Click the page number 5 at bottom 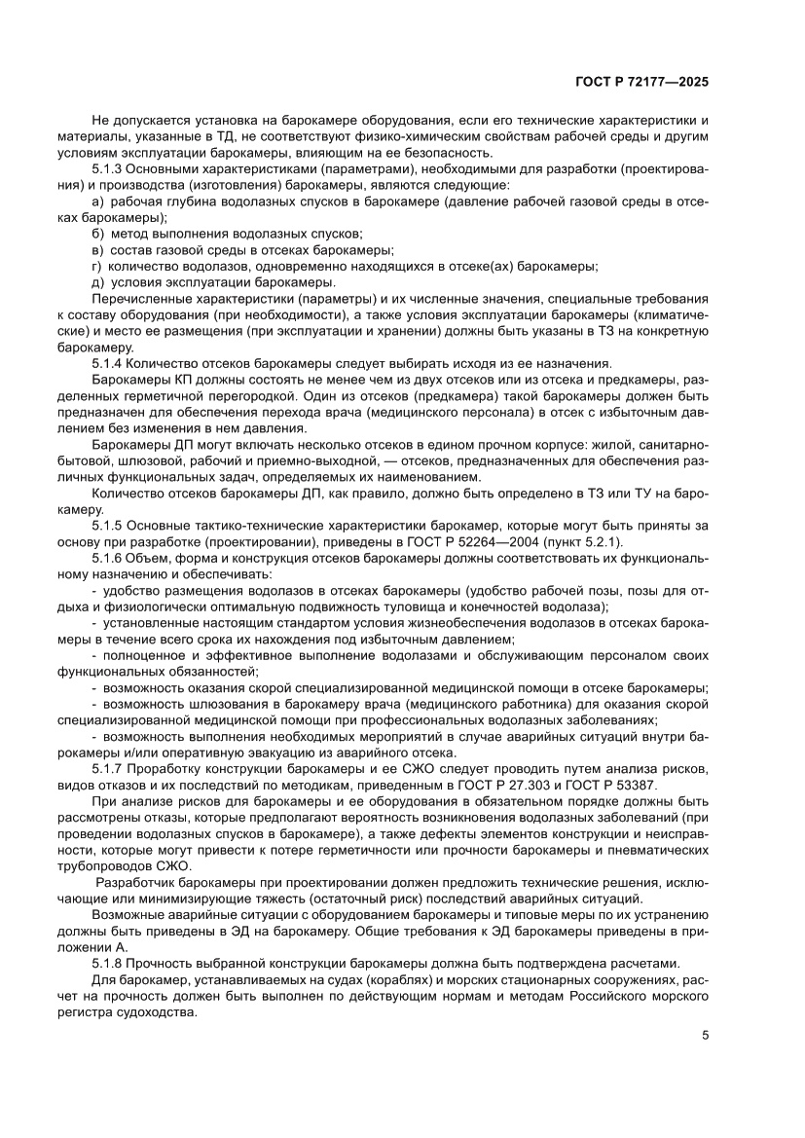[705, 1035]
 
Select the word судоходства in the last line [155, 1011]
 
